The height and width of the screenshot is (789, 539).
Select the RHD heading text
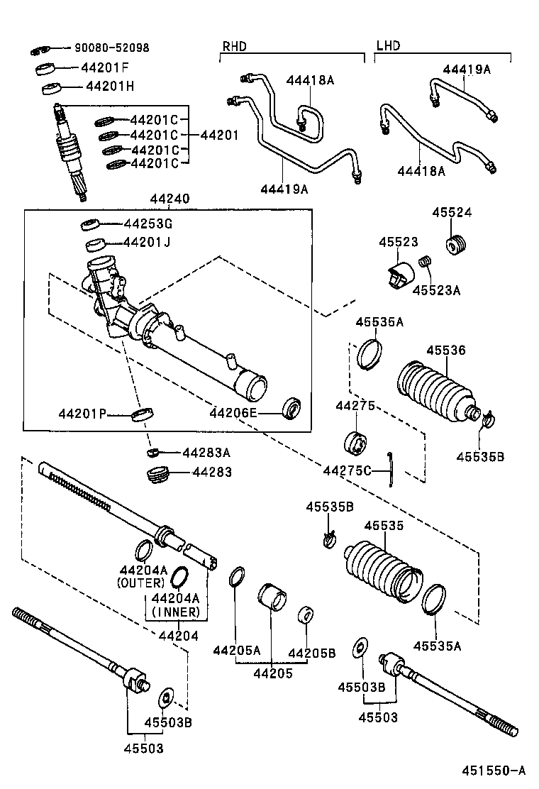[234, 46]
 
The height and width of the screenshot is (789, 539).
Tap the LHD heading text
[388, 46]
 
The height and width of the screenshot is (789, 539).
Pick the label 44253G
[148, 224]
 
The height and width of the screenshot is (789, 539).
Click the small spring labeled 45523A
[426, 263]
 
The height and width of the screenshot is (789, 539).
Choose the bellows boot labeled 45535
[381, 573]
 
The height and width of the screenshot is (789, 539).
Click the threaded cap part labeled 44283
[157, 473]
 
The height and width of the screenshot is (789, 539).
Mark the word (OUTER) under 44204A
[140, 583]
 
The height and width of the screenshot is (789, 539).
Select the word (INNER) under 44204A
[176, 612]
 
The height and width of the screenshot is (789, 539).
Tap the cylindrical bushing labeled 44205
[270, 599]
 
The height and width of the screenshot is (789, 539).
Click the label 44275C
[347, 470]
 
